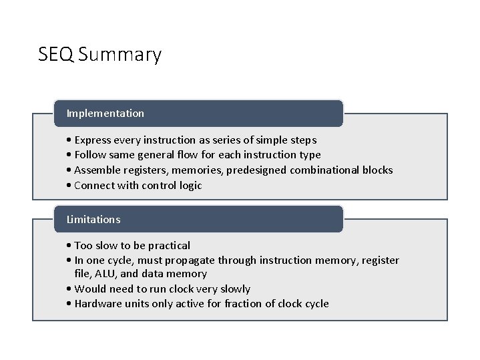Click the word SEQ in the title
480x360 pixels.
(x=55, y=54)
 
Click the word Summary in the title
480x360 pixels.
(x=119, y=55)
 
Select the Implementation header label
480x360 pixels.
(x=105, y=114)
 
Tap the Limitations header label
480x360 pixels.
(x=93, y=219)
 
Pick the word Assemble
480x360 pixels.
(x=98, y=170)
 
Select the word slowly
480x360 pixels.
(x=232, y=289)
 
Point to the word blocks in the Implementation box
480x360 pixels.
(x=377, y=170)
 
